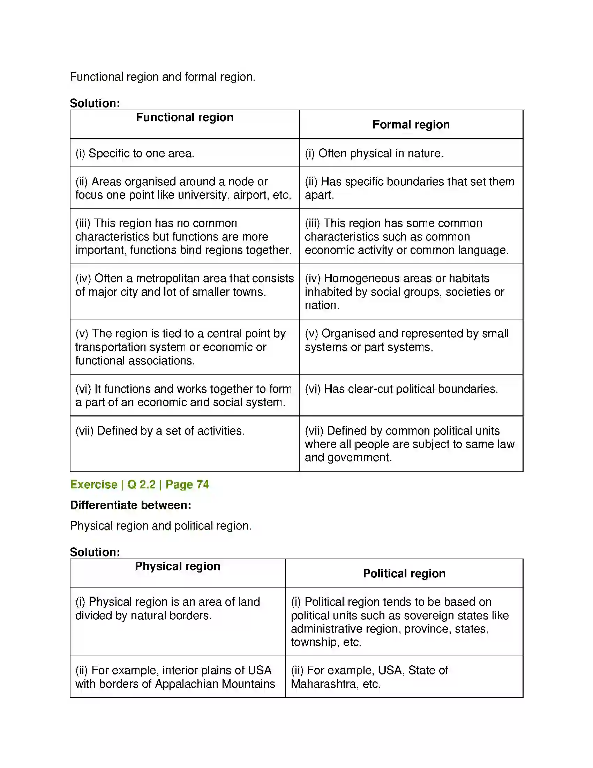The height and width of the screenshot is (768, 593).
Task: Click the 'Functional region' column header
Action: (x=185, y=117)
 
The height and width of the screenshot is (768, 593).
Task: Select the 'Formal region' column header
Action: (x=411, y=125)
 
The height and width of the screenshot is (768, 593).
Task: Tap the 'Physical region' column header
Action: (x=178, y=567)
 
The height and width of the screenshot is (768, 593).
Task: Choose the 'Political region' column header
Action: (x=404, y=574)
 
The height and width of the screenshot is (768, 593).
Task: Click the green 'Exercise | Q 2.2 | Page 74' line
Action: (x=140, y=485)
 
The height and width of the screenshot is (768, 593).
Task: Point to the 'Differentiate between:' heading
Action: (x=130, y=505)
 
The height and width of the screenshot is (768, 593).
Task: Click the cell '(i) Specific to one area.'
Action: (x=135, y=153)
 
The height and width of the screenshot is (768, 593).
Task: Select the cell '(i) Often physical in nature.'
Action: (x=374, y=153)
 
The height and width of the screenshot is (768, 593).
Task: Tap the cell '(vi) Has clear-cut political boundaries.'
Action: (x=401, y=389)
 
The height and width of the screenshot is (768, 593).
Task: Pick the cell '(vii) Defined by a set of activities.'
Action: (x=160, y=431)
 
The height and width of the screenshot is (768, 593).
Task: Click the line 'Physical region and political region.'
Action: (x=160, y=526)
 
